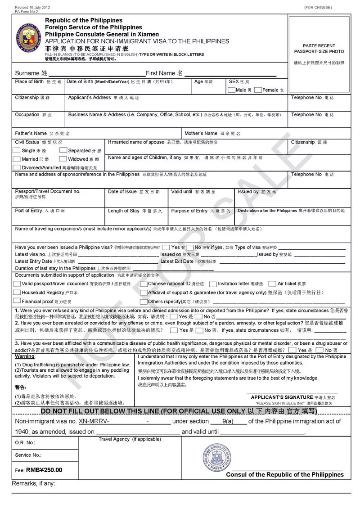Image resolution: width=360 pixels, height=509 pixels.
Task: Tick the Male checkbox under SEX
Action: tap(231, 90)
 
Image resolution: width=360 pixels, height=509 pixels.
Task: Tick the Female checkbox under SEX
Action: tap(258, 90)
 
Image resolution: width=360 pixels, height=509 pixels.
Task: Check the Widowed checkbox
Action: tap(63, 159)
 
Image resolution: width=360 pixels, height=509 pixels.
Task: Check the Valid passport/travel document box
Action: tap(17, 284)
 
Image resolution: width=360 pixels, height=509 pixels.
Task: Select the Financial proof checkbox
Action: tap(17, 301)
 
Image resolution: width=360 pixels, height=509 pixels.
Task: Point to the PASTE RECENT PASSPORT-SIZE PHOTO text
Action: tap(319, 49)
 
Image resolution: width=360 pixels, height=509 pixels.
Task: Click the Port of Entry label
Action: tap(29, 211)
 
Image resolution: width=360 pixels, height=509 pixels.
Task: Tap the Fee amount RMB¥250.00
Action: tap(45, 470)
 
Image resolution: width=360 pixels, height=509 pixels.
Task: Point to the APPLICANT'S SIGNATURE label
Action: tap(282, 397)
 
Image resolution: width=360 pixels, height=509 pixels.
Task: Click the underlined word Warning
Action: tap(25, 356)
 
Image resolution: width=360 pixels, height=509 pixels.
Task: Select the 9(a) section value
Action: tap(228, 421)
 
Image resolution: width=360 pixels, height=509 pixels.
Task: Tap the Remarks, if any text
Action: tap(33, 483)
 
